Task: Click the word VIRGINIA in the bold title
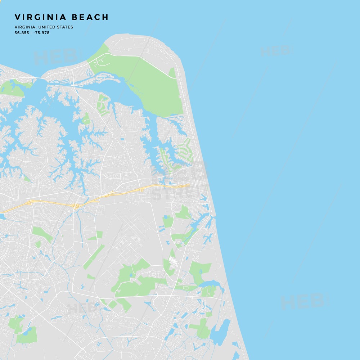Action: coord(40,17)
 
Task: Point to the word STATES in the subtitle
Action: coord(64,27)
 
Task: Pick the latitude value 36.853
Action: coord(21,33)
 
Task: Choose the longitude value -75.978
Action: coord(41,33)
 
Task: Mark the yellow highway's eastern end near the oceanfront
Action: coord(188,185)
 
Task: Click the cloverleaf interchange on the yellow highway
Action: coord(76,206)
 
